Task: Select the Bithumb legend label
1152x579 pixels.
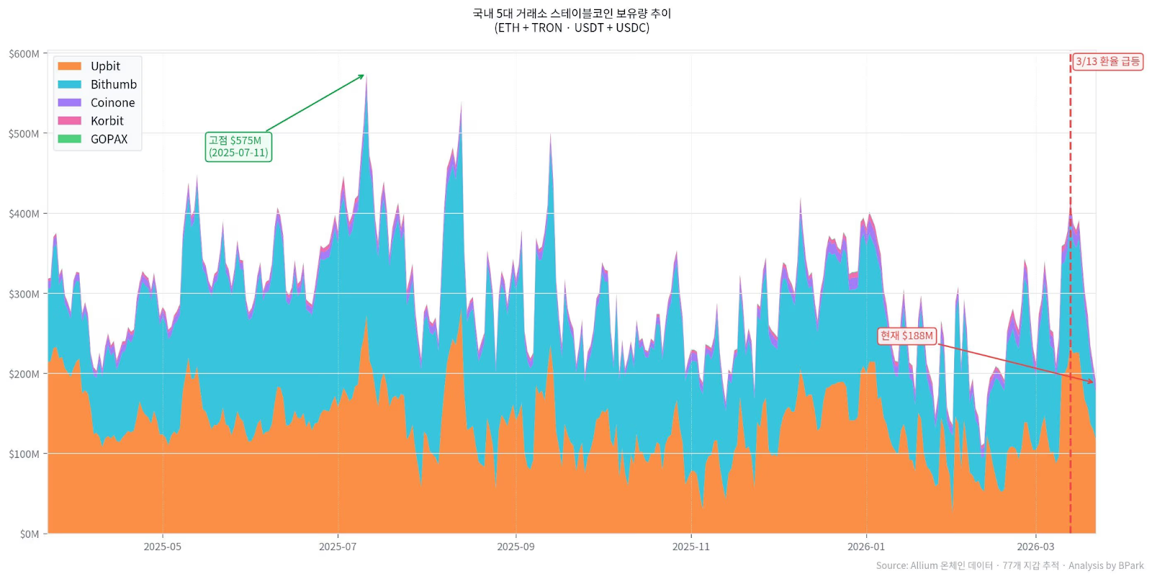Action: (x=113, y=84)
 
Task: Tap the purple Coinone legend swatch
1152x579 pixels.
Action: (x=69, y=103)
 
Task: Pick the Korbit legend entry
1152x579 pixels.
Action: (x=107, y=121)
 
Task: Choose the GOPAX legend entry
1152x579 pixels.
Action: (x=109, y=139)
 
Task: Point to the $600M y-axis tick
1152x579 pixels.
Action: (x=24, y=54)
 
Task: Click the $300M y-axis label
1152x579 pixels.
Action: (x=24, y=294)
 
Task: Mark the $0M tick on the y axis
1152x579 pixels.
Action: (x=29, y=534)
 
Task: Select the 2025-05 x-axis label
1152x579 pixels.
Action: (x=162, y=547)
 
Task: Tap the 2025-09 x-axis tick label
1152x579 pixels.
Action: (x=516, y=547)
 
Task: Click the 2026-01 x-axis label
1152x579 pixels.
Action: (x=866, y=547)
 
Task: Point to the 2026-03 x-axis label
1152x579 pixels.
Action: (x=1035, y=547)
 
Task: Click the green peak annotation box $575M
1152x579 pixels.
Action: (x=238, y=146)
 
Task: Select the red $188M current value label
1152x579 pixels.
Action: (x=906, y=336)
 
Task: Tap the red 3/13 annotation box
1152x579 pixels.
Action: (x=1107, y=61)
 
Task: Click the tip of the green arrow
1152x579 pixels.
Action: (x=364, y=75)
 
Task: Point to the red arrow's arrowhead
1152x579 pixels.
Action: (x=1092, y=382)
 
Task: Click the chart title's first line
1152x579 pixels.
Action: (x=572, y=13)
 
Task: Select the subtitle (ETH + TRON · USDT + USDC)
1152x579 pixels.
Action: (x=572, y=28)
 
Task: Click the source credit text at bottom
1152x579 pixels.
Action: (x=1009, y=565)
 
